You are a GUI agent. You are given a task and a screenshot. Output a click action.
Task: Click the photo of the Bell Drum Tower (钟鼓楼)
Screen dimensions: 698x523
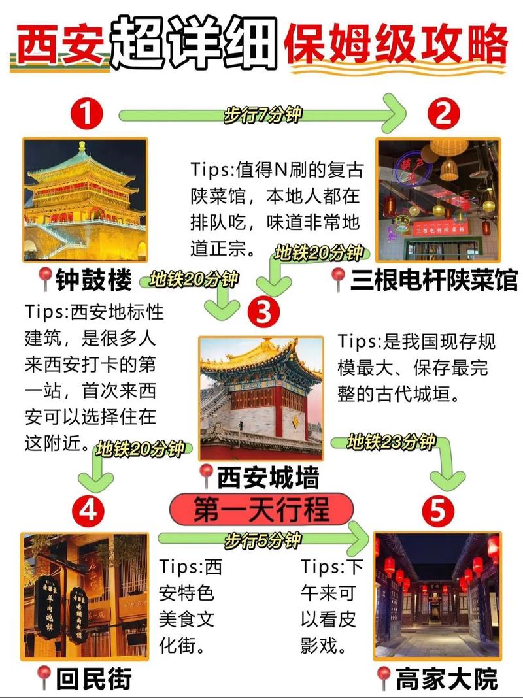click(85, 199)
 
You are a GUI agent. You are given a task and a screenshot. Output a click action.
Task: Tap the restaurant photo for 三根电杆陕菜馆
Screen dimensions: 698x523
click(439, 199)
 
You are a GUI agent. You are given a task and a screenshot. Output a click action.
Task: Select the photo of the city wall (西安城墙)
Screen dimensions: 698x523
click(261, 399)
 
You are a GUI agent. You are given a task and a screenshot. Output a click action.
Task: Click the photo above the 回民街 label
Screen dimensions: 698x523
click(85, 598)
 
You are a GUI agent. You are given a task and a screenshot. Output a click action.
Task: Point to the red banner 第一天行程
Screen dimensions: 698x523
click(261, 510)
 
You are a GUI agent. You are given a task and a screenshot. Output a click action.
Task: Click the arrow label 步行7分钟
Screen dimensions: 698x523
click(262, 115)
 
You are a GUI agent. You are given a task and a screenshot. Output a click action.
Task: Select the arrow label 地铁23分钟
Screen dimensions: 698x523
click(392, 442)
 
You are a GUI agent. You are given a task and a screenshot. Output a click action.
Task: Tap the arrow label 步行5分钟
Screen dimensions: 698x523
click(262, 540)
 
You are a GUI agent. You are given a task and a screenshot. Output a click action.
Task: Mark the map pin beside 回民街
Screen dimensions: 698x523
click(45, 678)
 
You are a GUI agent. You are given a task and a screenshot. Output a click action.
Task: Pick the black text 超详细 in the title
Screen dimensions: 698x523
click(193, 42)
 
